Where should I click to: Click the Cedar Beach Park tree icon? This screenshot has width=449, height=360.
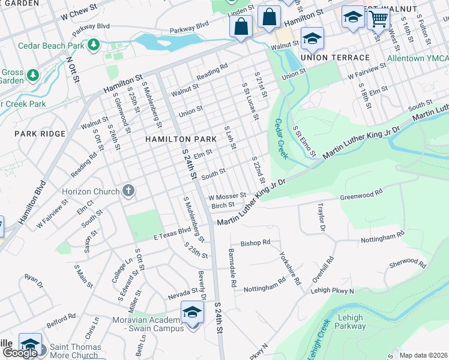click(93, 45)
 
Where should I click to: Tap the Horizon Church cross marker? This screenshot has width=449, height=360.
click(127, 191)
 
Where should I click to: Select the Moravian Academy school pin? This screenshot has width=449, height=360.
click(192, 313)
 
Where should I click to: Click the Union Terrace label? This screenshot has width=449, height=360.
click(335, 58)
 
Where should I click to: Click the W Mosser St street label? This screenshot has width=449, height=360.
click(227, 196)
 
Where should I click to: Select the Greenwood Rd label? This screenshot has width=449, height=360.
click(361, 196)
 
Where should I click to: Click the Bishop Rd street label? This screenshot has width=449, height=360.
click(256, 243)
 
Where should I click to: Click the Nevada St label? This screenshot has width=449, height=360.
click(183, 293)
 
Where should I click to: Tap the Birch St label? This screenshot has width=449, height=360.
click(223, 205)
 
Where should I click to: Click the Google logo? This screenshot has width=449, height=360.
click(20, 353)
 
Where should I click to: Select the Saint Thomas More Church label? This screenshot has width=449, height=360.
click(67, 351)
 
